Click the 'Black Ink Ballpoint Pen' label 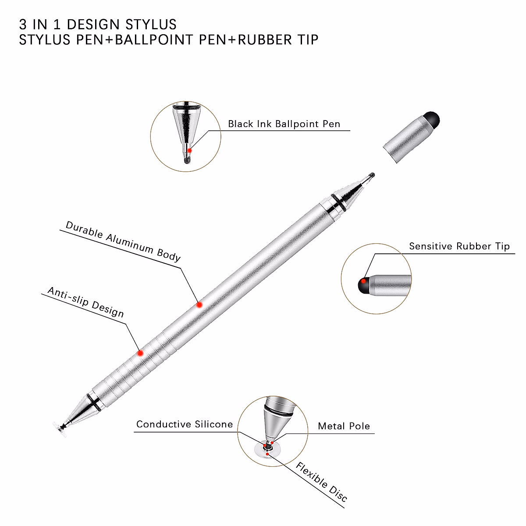pos(284,124)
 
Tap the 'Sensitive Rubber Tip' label pos(459,246)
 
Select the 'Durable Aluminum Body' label pos(123,242)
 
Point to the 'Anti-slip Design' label pos(86,302)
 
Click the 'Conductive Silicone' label pos(185,424)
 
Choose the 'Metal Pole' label pos(344,426)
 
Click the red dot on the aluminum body pos(199,305)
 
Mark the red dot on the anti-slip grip pos(140,353)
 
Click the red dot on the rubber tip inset pos(363,281)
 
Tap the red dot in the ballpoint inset pos(189,150)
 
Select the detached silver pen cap pos(411,137)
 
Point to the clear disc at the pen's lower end pos(60,429)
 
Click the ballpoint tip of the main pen pos(372,175)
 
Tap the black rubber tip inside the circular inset pos(363,285)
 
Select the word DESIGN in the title pos(93,24)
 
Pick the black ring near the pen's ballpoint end pos(339,202)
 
